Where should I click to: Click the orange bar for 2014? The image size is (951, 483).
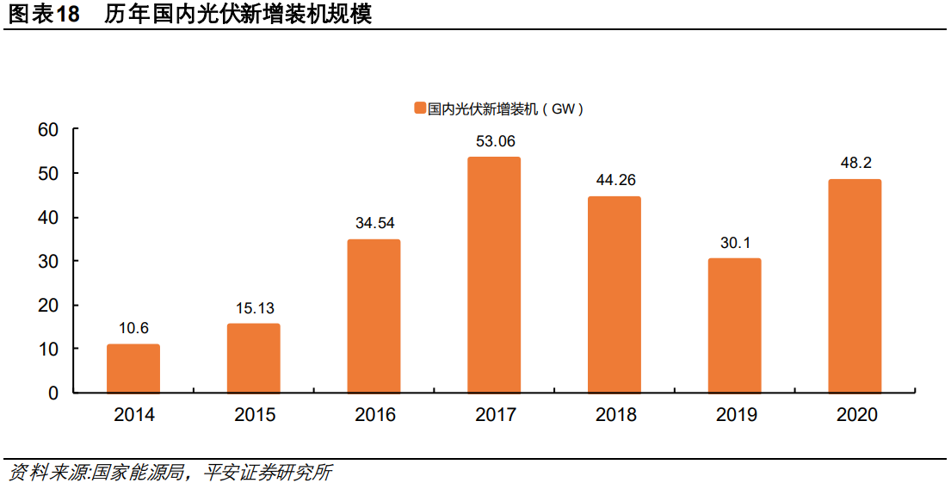tap(133, 368)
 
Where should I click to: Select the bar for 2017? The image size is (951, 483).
tap(494, 275)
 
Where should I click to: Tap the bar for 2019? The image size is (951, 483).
tap(734, 325)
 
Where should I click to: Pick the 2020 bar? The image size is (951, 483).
tap(855, 286)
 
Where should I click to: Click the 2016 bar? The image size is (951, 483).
tap(374, 316)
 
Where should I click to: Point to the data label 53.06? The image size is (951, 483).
tap(495, 141)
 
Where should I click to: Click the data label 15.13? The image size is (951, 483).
tap(254, 308)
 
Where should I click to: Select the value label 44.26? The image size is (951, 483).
tap(615, 181)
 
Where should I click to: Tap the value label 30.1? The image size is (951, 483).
tap(735, 243)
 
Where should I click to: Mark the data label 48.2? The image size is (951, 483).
tap(855, 164)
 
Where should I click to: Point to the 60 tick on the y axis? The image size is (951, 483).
tap(48, 130)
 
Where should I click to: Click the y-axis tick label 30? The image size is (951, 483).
tap(48, 262)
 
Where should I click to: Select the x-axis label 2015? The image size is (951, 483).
tap(255, 416)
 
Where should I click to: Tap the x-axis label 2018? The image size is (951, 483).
tap(615, 416)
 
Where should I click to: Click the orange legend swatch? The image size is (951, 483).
tap(420, 108)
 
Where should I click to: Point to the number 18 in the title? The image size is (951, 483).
tap(68, 15)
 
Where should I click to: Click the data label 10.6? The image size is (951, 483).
tap(133, 329)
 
